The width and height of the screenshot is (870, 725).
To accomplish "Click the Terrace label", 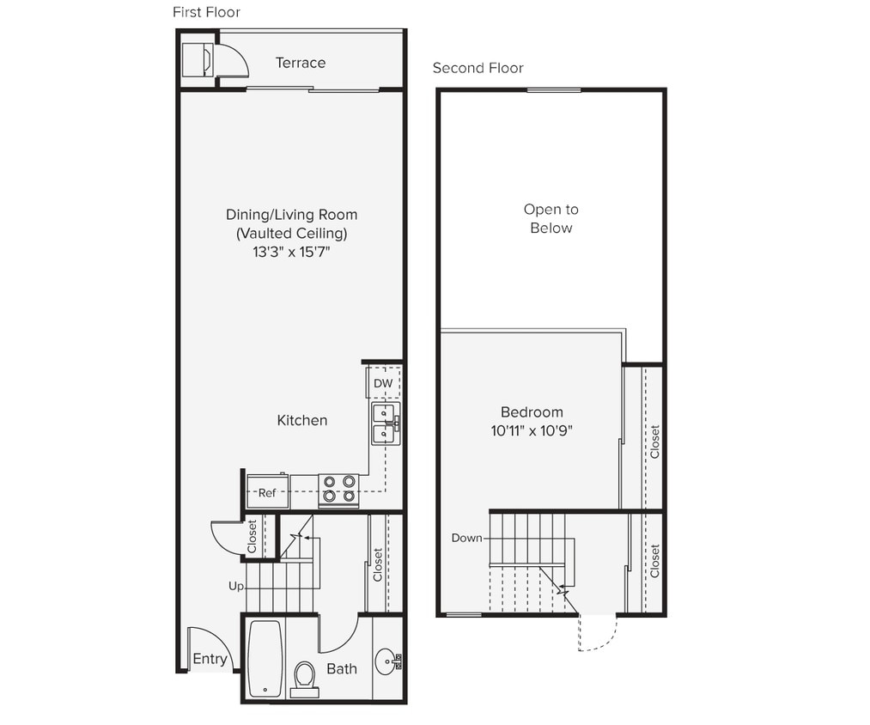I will click(301, 63).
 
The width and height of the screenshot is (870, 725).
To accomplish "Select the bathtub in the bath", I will click(265, 659).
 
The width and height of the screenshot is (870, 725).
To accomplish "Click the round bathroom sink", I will click(386, 661).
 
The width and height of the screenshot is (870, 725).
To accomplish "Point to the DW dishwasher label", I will click(383, 383).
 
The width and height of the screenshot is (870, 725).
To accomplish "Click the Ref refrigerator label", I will click(267, 493).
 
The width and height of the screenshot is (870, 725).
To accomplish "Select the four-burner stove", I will click(338, 490).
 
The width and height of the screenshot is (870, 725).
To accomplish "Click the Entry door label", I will click(210, 659).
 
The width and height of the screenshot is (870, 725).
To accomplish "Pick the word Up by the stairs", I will click(236, 586).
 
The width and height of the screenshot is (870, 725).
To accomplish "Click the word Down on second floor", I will click(467, 538).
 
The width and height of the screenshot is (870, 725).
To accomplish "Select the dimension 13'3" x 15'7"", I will click(291, 253).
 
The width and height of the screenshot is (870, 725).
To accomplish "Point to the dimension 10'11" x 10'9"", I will click(532, 431).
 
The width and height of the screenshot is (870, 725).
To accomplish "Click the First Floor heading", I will click(206, 12).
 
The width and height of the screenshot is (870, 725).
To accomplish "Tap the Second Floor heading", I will click(478, 68).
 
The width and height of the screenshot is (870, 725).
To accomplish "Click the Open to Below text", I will click(551, 218).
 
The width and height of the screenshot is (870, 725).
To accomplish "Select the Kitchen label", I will click(302, 420).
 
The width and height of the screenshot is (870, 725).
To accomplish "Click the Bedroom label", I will click(532, 412).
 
